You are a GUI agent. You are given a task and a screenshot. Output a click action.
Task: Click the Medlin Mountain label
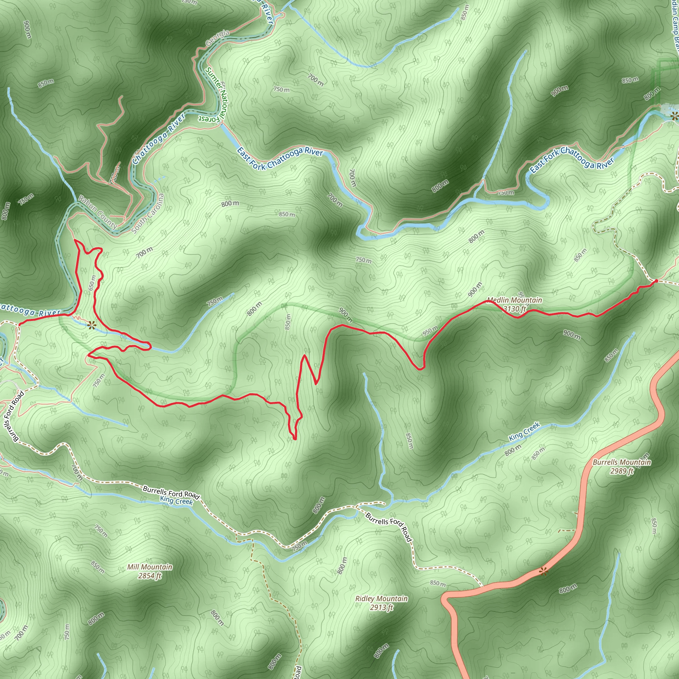point(514,300)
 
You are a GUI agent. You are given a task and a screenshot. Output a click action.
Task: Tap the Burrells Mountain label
point(622,462)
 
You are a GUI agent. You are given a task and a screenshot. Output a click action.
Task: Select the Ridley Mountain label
point(381,598)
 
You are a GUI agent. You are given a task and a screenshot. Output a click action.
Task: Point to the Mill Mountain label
point(150,567)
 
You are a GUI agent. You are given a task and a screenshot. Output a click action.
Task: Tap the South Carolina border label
point(148,213)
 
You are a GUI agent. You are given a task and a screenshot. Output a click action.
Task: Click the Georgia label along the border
point(217,37)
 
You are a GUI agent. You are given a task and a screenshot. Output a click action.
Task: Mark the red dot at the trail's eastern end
point(656,281)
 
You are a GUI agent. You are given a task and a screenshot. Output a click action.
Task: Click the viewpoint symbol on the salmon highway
point(544,572)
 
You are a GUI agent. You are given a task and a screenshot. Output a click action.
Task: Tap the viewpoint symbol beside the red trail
point(92,325)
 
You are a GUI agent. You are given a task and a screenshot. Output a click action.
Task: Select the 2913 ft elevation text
point(381,607)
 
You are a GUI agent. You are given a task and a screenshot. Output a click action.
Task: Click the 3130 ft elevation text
point(515,309)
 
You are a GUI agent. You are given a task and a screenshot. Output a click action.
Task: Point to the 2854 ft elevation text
point(150,576)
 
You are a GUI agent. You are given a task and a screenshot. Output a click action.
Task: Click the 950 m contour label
point(430,331)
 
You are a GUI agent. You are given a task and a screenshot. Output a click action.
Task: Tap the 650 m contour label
point(92,282)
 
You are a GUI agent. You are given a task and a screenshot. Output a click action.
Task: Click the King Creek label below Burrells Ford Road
point(176,501)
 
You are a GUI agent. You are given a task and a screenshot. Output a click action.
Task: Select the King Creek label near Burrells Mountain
point(524,432)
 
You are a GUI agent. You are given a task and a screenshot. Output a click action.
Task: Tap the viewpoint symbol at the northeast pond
point(674,116)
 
